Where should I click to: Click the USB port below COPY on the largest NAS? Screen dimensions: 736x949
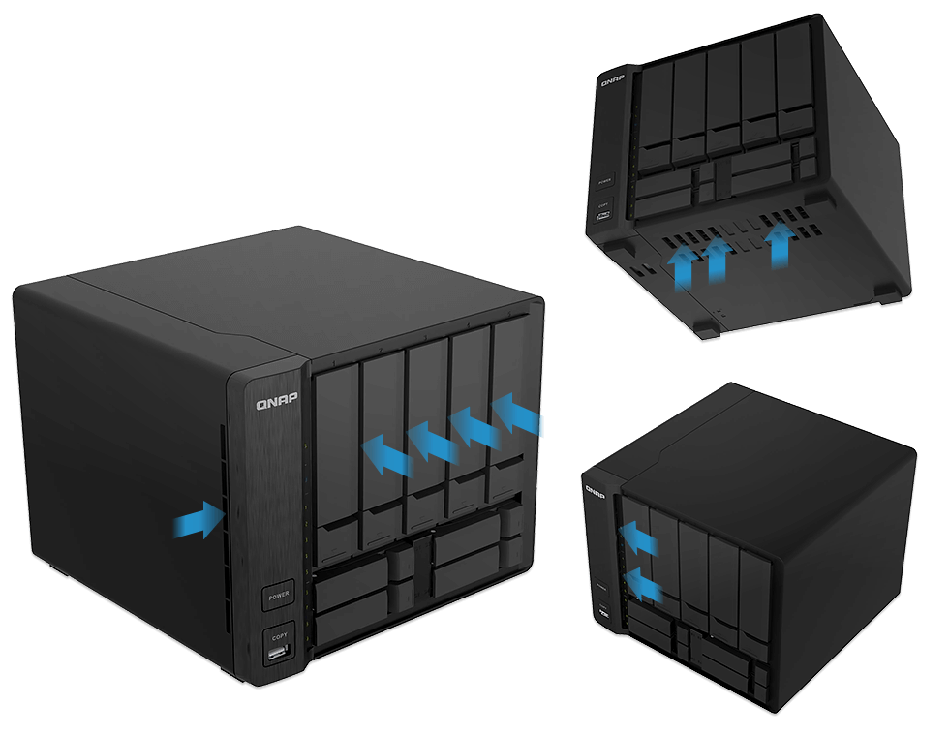point(279,659)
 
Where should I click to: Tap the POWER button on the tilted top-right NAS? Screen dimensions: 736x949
point(605,180)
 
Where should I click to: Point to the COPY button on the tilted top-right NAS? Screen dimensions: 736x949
point(603,205)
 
